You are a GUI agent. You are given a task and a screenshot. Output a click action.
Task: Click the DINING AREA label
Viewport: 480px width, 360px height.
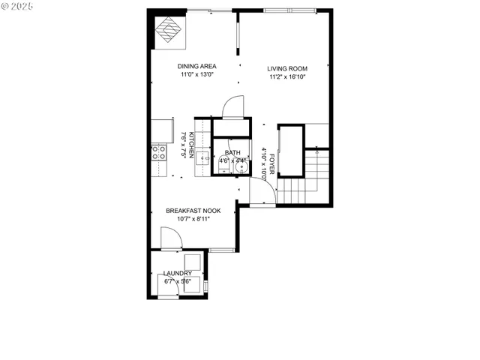coord(196,66)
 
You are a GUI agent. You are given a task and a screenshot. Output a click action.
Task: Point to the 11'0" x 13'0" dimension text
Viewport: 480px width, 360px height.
coord(196,74)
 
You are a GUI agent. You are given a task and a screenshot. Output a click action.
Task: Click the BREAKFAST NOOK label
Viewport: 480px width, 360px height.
coord(193,211)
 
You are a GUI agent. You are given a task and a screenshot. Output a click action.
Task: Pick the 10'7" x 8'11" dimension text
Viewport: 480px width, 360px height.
coord(193,219)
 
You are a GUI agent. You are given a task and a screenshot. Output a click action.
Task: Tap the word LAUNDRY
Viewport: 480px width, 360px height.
coord(178,274)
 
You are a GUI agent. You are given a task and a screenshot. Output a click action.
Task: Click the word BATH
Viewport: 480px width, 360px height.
coord(232,152)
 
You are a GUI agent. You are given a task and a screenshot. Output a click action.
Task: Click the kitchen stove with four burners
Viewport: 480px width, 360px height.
coord(158,153)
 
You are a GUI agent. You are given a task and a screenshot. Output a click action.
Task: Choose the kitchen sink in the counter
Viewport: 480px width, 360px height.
coord(202,156)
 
